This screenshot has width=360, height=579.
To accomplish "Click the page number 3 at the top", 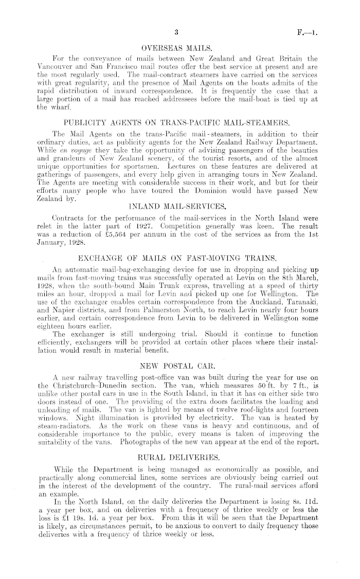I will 176,33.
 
